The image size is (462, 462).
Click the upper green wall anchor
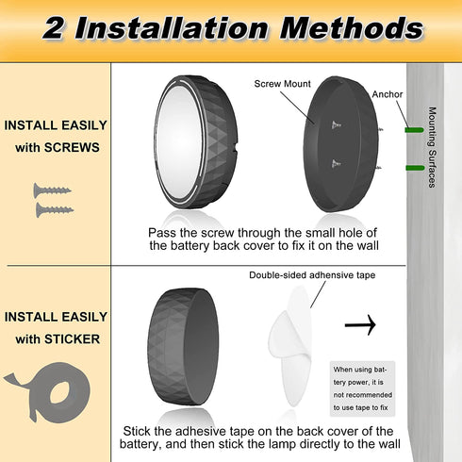coord(415,130)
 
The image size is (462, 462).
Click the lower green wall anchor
coord(415,168)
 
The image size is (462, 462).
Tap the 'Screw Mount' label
coord(282,84)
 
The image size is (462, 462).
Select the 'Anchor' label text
coord(388,94)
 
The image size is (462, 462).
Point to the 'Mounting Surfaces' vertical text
coord(433,147)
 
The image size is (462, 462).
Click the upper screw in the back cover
coord(337,125)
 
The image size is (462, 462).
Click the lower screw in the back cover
coord(336,163)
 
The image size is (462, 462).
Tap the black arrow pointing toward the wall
coord(360,324)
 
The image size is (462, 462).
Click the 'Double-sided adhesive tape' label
coord(312,275)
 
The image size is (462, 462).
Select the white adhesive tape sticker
coord(290,346)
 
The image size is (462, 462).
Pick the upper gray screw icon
coord(52,190)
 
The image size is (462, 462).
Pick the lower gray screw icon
coord(55,210)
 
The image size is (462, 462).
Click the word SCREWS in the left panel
coord(72,148)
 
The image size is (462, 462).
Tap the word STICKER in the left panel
coord(72,339)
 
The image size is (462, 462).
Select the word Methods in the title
coord(352,27)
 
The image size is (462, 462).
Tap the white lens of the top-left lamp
coord(179,142)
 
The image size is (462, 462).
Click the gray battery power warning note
coord(362,388)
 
